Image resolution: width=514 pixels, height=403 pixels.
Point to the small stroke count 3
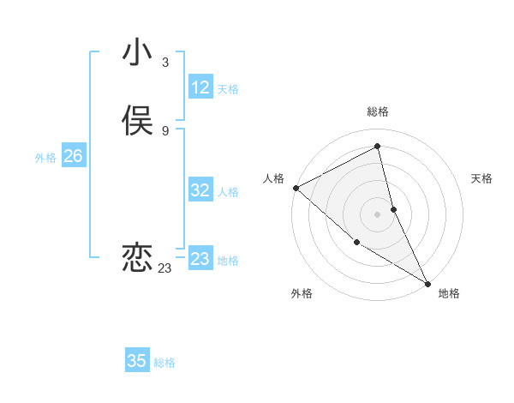(164, 62)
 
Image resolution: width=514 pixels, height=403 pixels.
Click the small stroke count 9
(164, 130)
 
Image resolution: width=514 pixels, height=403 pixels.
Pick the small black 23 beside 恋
(164, 268)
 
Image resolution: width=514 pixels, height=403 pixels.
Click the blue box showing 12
(200, 87)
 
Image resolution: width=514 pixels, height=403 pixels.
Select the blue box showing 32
(200, 190)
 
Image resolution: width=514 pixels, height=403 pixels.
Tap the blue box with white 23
(200, 258)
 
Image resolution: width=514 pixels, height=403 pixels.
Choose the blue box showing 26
(73, 156)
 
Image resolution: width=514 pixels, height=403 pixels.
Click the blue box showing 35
(137, 361)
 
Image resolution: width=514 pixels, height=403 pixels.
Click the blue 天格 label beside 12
(228, 89)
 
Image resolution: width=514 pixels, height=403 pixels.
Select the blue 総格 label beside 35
(164, 363)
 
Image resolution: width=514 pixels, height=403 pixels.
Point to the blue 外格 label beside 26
(45, 158)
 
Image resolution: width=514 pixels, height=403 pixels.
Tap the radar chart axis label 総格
(378, 111)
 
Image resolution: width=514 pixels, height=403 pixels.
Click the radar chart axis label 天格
(481, 178)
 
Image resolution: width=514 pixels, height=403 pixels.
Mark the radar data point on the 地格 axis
(427, 283)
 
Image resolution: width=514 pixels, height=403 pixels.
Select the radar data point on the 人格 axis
(296, 188)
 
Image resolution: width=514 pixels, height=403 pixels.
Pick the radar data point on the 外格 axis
(356, 242)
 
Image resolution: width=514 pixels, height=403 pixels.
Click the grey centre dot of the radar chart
(378, 214)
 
